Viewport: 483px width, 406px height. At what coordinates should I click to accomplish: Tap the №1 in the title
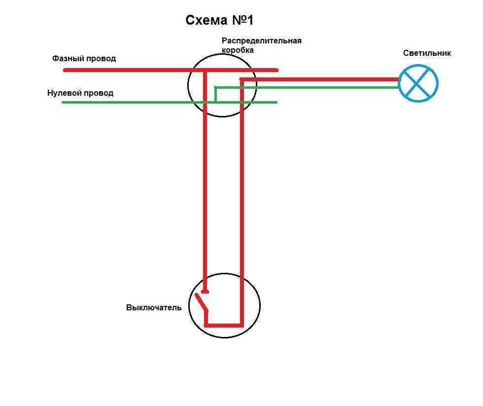(x=241, y=20)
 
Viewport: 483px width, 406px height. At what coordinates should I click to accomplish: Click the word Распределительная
(x=261, y=41)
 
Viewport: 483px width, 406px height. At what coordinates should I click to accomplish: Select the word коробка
(x=238, y=50)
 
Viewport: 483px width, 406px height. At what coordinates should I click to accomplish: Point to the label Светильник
(x=427, y=53)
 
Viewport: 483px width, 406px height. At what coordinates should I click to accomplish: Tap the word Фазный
(x=68, y=59)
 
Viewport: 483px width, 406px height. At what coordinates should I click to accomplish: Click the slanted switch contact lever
(x=201, y=302)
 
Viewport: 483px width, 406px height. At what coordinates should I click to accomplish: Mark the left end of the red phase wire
(x=65, y=70)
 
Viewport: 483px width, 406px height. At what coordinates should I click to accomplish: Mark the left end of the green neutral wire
(x=63, y=102)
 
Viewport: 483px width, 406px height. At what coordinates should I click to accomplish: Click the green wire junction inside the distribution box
(x=215, y=102)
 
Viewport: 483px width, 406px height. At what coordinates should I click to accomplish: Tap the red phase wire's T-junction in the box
(x=205, y=71)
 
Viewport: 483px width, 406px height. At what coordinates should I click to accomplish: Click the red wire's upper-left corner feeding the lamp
(x=241, y=79)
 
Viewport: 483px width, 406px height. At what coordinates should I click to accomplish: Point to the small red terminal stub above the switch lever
(x=205, y=292)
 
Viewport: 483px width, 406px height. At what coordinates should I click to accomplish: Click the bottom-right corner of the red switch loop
(x=241, y=325)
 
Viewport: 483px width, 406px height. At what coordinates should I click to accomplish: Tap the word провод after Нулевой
(x=100, y=93)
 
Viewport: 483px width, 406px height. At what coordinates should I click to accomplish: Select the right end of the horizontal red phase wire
(x=277, y=70)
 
